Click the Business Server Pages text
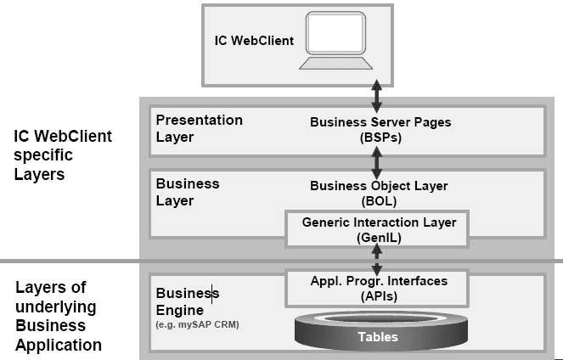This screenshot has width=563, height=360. point(380,122)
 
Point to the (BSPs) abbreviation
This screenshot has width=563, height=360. point(380,137)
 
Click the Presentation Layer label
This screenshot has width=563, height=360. point(199,127)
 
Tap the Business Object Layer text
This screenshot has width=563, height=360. point(379,185)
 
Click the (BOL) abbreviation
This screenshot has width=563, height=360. point(379,200)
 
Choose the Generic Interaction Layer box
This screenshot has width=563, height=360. point(379,230)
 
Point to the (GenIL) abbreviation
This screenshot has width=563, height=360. point(379,239)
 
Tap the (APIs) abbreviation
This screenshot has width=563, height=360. point(379,296)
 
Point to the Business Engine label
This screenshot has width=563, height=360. point(187,301)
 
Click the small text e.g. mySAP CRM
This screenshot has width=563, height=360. point(196,324)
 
